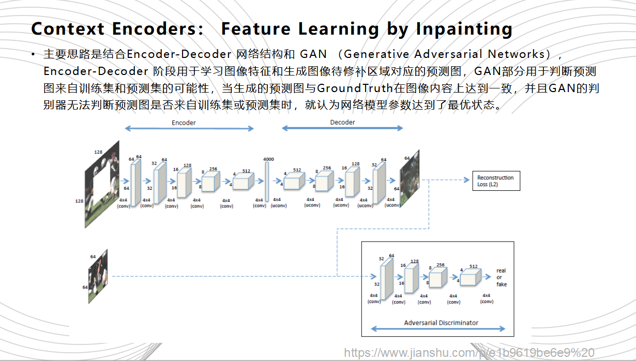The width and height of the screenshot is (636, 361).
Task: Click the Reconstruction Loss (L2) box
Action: tap(495, 181)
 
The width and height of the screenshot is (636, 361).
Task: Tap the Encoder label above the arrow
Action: tap(184, 123)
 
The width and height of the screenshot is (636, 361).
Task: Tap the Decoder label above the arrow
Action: tap(342, 122)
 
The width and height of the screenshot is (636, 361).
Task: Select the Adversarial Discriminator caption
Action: tap(441, 323)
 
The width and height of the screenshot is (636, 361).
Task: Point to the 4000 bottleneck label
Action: tap(268, 159)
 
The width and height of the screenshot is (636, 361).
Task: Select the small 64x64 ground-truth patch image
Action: tap(98, 276)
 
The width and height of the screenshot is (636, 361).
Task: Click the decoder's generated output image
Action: tap(409, 178)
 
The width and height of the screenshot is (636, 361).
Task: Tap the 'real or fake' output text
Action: tap(501, 277)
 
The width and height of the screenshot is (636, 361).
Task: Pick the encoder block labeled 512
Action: tap(243, 182)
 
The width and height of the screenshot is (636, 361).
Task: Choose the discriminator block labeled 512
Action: tap(470, 278)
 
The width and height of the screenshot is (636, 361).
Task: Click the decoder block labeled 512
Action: tap(294, 182)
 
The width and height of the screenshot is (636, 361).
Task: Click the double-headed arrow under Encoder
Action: tap(189, 128)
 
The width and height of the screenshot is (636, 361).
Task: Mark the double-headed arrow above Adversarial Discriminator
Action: tap(438, 329)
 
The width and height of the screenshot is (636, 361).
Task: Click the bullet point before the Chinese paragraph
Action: tap(34, 54)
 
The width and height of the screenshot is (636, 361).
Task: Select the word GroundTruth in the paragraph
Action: tap(355, 88)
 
